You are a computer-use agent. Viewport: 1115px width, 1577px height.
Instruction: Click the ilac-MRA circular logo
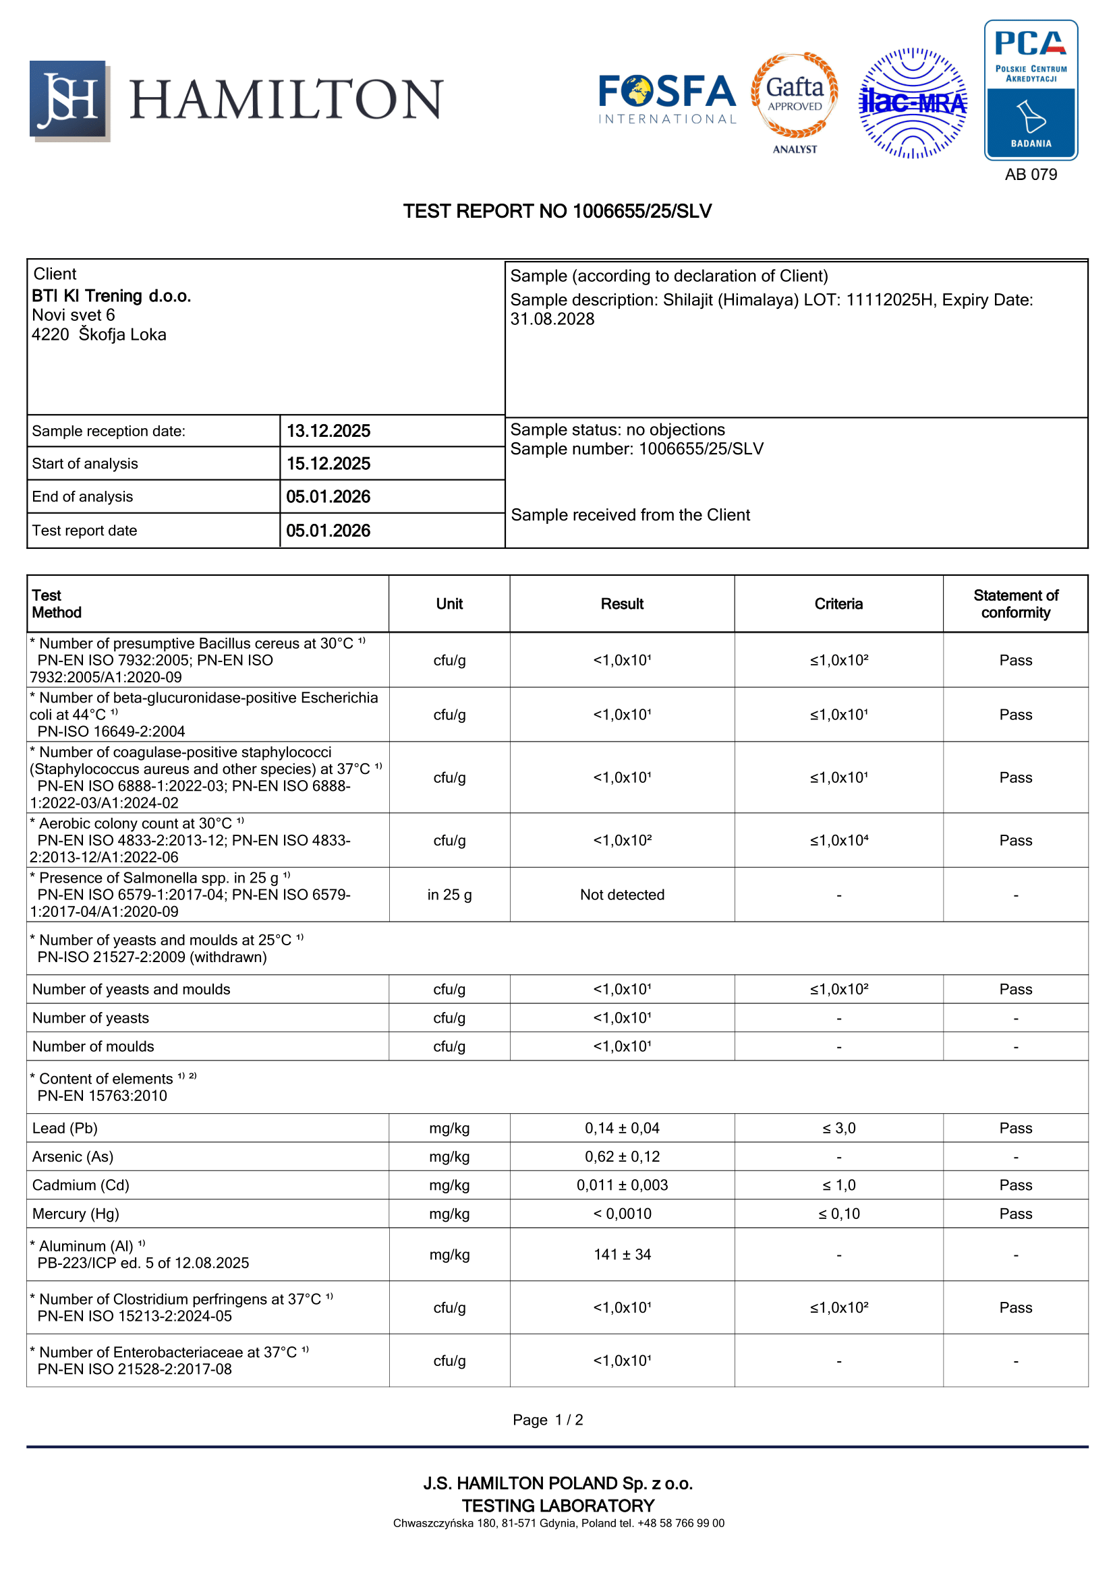point(913,103)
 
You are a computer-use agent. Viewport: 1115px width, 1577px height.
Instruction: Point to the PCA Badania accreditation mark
point(1031,90)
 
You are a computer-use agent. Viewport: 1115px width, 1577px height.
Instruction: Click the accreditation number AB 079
point(1031,175)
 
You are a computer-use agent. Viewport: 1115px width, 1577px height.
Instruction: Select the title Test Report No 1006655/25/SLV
point(557,212)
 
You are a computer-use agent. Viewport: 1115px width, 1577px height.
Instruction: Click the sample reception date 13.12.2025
point(328,431)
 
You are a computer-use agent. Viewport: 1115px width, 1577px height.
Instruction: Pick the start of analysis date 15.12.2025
point(328,464)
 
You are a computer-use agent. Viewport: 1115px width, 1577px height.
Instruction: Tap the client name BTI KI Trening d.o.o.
point(111,296)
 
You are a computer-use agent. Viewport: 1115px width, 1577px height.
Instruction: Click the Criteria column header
point(838,603)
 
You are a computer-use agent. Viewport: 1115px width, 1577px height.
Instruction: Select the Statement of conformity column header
point(1015,603)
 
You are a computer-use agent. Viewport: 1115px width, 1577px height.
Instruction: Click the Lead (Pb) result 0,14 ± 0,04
point(622,1128)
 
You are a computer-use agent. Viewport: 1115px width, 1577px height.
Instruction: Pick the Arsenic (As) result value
point(622,1157)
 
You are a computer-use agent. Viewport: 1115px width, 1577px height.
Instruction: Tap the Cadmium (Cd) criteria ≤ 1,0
point(838,1185)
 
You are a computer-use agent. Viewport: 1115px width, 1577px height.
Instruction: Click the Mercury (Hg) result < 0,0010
point(622,1214)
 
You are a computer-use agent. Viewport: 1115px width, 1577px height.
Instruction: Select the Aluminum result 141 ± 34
point(622,1254)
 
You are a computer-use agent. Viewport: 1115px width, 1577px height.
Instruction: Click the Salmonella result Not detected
point(622,894)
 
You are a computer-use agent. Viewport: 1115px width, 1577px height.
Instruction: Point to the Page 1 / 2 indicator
point(548,1420)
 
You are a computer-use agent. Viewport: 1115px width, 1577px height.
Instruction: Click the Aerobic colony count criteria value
point(838,840)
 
